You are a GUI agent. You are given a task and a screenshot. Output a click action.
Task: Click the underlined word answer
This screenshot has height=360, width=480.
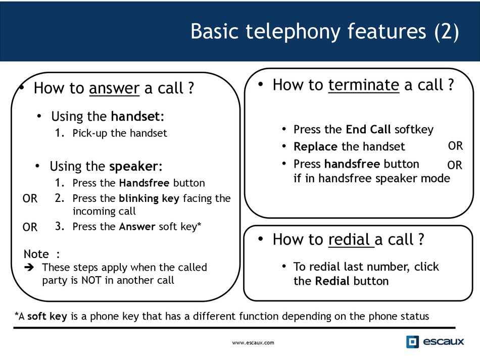pyautogui.click(x=114, y=88)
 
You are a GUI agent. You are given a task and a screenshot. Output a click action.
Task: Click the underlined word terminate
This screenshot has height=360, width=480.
pyautogui.click(x=364, y=85)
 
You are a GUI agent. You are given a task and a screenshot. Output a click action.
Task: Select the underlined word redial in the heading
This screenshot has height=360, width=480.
pyautogui.click(x=349, y=239)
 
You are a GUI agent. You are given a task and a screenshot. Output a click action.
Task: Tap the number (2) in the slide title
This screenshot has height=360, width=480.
pyautogui.click(x=447, y=31)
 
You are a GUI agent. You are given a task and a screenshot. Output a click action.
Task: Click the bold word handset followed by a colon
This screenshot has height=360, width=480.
pyautogui.click(x=135, y=116)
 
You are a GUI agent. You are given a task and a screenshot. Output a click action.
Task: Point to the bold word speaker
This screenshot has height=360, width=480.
pyautogui.click(x=133, y=167)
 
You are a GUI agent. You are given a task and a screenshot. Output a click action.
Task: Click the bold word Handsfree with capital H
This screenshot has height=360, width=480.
pyautogui.click(x=144, y=183)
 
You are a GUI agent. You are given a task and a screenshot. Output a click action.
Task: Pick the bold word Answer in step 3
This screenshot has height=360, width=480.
pyautogui.click(x=137, y=227)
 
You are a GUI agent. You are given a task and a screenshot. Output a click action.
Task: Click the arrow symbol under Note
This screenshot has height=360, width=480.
pyautogui.click(x=29, y=267)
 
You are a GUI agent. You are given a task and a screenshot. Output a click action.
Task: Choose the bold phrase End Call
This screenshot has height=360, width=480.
pyautogui.click(x=368, y=129)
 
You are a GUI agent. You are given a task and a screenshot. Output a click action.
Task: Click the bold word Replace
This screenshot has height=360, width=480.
pyautogui.click(x=315, y=147)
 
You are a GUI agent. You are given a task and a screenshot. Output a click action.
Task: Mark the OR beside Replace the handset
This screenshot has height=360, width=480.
pyautogui.click(x=456, y=146)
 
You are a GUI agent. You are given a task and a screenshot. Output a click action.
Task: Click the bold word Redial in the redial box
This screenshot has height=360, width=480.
pyautogui.click(x=332, y=281)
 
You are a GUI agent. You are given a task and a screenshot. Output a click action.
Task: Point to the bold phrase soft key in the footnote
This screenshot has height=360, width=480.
pyautogui.click(x=47, y=316)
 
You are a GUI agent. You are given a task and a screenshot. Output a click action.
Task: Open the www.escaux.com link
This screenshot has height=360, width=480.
pyautogui.click(x=253, y=342)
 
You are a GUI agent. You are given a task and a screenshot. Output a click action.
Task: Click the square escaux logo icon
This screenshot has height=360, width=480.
pyautogui.click(x=412, y=342)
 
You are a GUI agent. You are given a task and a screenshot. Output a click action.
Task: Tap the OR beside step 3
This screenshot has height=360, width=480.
pyautogui.click(x=30, y=227)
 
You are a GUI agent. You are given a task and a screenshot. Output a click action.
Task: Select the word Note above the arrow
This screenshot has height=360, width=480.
pyautogui.click(x=36, y=254)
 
